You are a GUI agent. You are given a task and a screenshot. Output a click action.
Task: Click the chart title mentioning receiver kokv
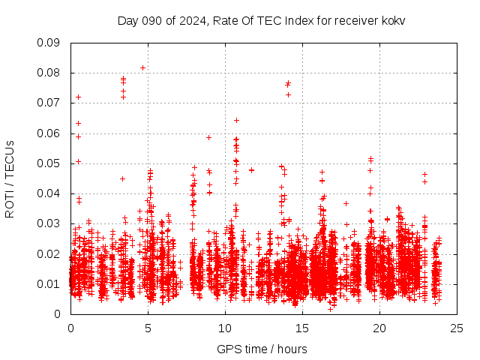coord(261,20)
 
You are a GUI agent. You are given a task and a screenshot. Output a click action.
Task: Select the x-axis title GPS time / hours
coord(262,349)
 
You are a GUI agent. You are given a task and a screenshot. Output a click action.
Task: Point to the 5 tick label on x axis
coord(148,328)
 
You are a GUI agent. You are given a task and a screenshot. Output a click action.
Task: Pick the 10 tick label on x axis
coord(225,328)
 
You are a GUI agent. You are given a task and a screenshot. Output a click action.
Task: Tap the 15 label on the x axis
coord(302,328)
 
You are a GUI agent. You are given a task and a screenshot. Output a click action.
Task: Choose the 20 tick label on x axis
coord(379,328)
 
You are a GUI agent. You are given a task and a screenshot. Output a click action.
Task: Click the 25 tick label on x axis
coord(457,328)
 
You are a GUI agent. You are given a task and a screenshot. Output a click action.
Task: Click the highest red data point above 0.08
coord(142,67)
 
